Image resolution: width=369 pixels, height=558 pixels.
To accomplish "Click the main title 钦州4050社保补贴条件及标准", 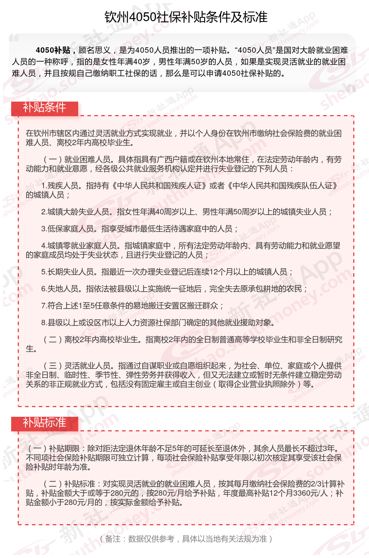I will pos(186,17).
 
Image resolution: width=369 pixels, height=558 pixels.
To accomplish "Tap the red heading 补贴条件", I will pos(44,107).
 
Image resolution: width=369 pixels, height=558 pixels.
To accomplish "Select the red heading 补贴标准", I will pos(44,423).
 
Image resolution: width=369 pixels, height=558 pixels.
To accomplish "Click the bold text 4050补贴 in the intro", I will pos(53,50).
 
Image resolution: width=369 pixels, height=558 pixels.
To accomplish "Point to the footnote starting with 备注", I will pos(186,539).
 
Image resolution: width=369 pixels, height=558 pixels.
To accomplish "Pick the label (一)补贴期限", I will pos(54,448).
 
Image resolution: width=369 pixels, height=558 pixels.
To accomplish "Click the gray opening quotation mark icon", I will pos(14,38).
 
